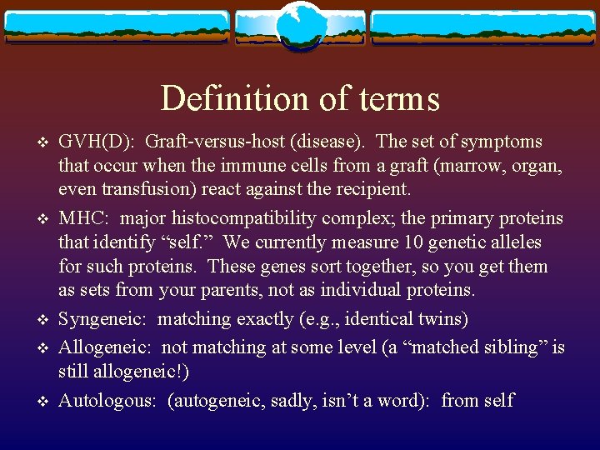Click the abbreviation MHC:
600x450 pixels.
click(x=85, y=218)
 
